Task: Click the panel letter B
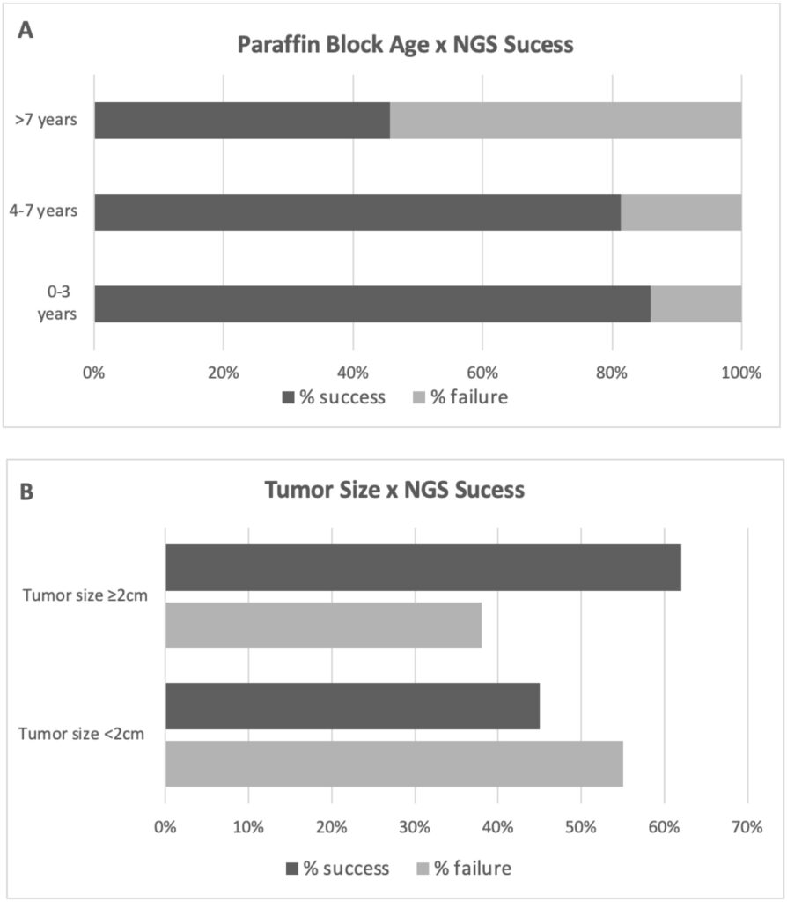click(x=26, y=491)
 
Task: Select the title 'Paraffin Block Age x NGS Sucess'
click(x=405, y=45)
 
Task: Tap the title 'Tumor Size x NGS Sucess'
click(x=394, y=490)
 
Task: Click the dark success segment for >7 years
click(x=242, y=121)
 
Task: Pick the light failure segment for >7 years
click(x=565, y=121)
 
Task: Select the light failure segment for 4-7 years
click(x=680, y=212)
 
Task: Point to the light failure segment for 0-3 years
click(x=695, y=304)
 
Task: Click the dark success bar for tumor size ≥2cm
click(x=423, y=567)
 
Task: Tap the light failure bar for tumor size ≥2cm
click(x=323, y=625)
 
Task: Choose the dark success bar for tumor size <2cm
click(x=352, y=706)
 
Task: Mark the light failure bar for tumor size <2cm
click(x=393, y=764)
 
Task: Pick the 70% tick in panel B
click(x=747, y=828)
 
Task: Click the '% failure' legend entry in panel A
click(x=460, y=397)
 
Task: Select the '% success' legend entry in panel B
click(x=337, y=869)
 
